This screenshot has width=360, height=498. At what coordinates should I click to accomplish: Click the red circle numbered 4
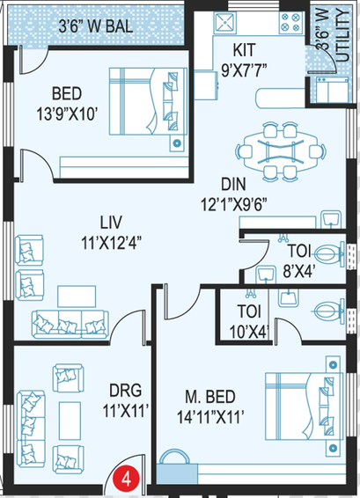pyautogui.click(x=127, y=479)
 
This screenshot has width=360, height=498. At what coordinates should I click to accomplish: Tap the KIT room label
pyautogui.click(x=244, y=50)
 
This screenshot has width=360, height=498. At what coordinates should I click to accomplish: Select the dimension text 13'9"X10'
pyautogui.click(x=67, y=114)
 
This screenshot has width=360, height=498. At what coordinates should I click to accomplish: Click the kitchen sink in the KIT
pyautogui.click(x=225, y=22)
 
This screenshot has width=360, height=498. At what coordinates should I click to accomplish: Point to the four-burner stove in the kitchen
pyautogui.click(x=290, y=23)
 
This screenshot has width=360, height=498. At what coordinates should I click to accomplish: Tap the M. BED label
pyautogui.click(x=210, y=397)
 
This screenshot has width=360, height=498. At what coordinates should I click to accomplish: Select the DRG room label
pyautogui.click(x=126, y=391)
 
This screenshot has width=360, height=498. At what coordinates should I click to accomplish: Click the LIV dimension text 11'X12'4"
pyautogui.click(x=111, y=244)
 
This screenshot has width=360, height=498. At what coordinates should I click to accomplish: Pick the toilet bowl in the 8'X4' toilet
pyautogui.click(x=329, y=254)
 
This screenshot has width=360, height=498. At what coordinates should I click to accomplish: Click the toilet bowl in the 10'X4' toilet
pyautogui.click(x=329, y=311)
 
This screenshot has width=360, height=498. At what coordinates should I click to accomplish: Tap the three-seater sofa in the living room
pyautogui.click(x=70, y=325)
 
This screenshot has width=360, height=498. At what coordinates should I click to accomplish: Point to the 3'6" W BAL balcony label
pyautogui.click(x=96, y=26)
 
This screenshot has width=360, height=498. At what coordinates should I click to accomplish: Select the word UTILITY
pyautogui.click(x=343, y=35)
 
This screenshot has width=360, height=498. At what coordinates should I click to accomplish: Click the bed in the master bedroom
pyautogui.click(x=304, y=406)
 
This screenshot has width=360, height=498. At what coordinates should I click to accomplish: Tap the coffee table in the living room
pyautogui.click(x=77, y=296)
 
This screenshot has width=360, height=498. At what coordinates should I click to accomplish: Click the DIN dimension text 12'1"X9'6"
pyautogui.click(x=233, y=205)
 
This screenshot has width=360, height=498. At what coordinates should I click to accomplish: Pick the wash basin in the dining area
pyautogui.click(x=331, y=219)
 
